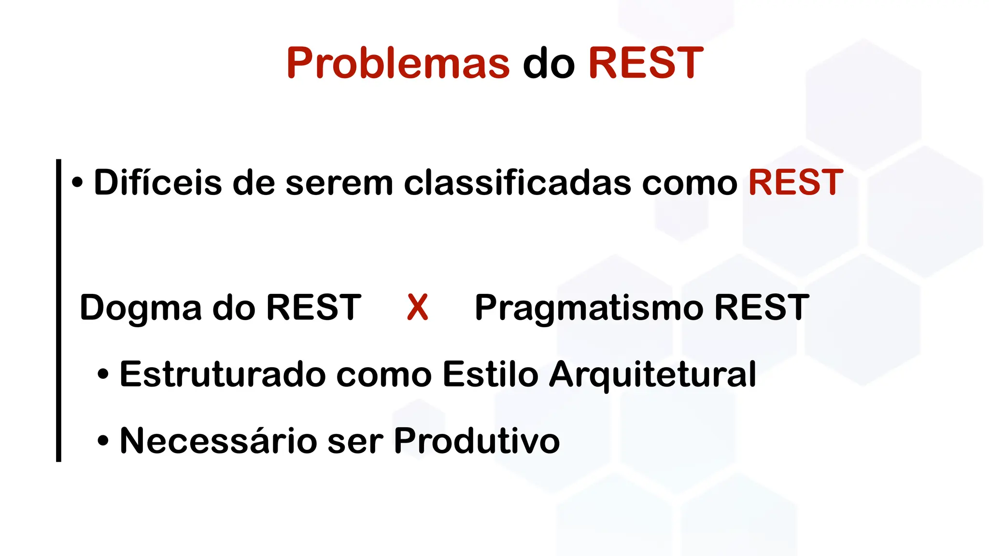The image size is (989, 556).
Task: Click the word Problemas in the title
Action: tap(398, 63)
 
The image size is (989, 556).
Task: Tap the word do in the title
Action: tap(549, 63)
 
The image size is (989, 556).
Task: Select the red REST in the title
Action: tap(646, 63)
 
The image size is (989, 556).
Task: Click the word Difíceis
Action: tap(157, 182)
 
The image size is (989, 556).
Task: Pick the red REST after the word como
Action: tap(795, 182)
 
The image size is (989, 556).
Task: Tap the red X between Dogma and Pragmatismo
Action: tap(417, 307)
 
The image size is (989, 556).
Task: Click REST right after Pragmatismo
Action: tap(762, 307)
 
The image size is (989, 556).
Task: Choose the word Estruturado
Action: tap(222, 374)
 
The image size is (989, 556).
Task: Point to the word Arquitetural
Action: tap(652, 375)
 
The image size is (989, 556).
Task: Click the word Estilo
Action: tap(490, 374)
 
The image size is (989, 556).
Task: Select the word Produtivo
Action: tap(477, 441)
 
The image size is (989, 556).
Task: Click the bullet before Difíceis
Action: tap(77, 183)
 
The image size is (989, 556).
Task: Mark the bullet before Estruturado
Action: tap(103, 375)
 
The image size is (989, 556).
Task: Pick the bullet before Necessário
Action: tap(103, 441)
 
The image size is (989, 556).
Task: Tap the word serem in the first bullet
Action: tap(339, 183)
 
